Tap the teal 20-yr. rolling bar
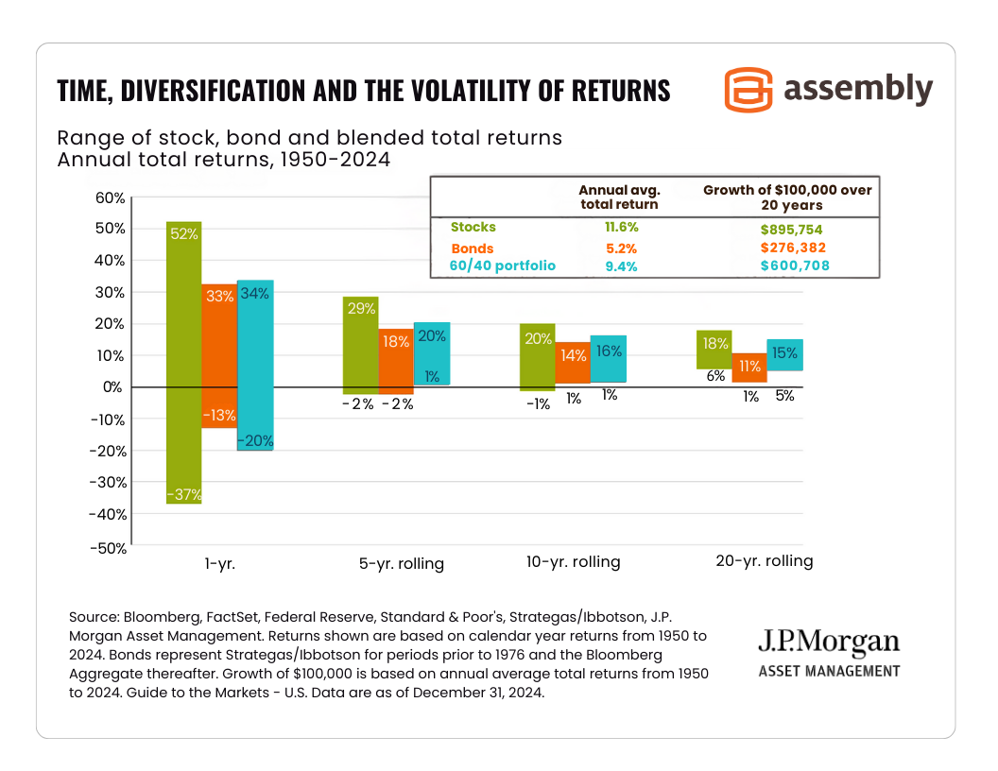click(x=784, y=354)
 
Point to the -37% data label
click(x=184, y=493)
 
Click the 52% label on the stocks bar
click(x=184, y=233)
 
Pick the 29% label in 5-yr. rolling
click(x=361, y=308)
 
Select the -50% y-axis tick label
click(x=106, y=547)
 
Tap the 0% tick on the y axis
click(x=112, y=387)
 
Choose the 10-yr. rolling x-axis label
click(x=573, y=562)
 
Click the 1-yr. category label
click(x=219, y=562)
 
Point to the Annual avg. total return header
click(x=618, y=197)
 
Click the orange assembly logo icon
click(x=748, y=90)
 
